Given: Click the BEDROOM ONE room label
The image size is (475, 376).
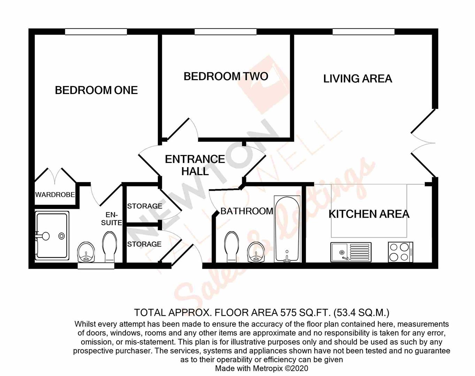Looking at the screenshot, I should point(96,91).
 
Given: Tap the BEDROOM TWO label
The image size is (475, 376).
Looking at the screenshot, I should point(226,76).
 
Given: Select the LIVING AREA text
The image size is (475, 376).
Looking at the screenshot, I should point(358,79).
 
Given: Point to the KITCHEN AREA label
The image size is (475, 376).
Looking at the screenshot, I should point(369,214).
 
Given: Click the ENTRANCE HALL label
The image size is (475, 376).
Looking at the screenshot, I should point(195,165).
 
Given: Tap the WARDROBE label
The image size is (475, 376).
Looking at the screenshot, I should point(55,195).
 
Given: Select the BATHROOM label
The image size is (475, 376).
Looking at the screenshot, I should point(247,211).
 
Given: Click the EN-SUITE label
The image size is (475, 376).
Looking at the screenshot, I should point(112,219).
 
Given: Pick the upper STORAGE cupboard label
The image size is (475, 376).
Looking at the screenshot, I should point(145,206).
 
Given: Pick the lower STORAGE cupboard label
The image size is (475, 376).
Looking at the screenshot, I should point(144,244).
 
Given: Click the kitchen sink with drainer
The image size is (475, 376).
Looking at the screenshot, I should point(351,252).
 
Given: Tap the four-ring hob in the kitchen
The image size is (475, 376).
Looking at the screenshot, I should point(400,252).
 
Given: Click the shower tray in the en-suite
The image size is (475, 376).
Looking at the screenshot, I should point(52,236).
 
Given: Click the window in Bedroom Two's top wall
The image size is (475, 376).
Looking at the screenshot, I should point(225,32).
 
